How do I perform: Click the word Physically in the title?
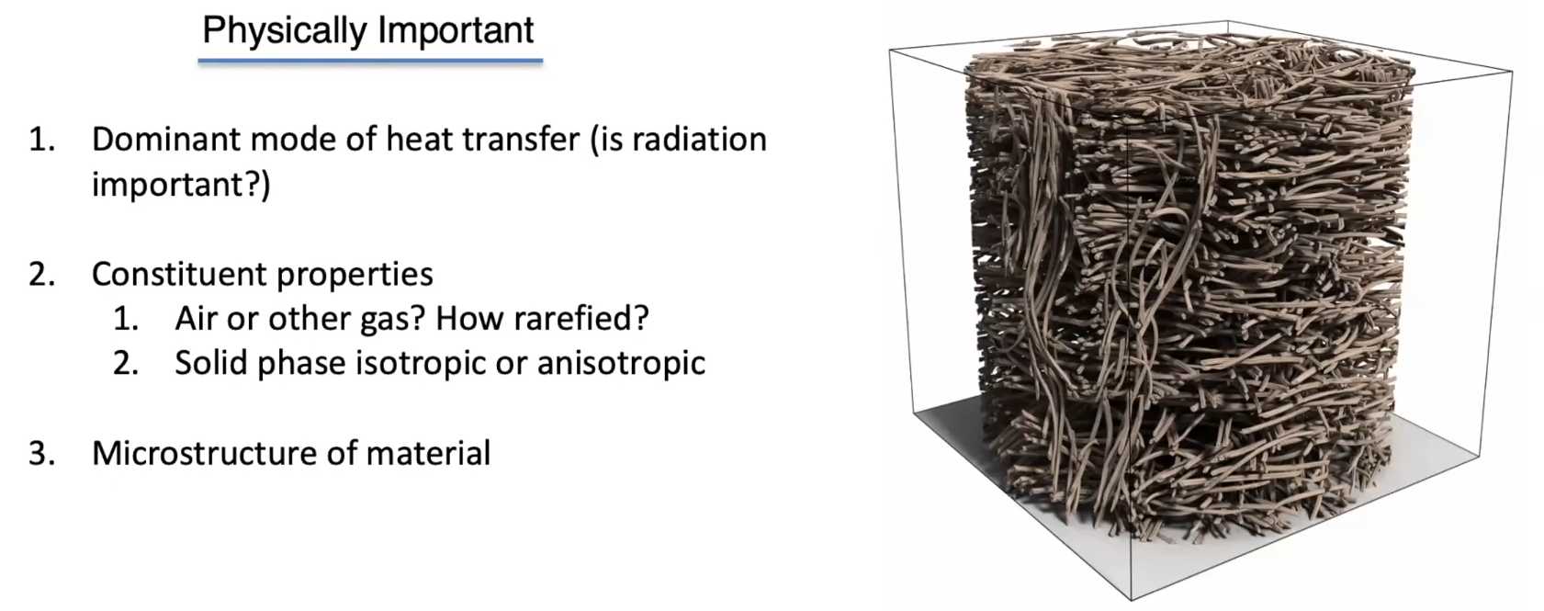(285, 32)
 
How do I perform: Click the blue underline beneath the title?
(370, 62)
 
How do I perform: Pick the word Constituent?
(178, 275)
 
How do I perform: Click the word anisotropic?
(621, 364)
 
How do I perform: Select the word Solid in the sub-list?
(211, 364)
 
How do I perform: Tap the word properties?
(355, 276)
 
